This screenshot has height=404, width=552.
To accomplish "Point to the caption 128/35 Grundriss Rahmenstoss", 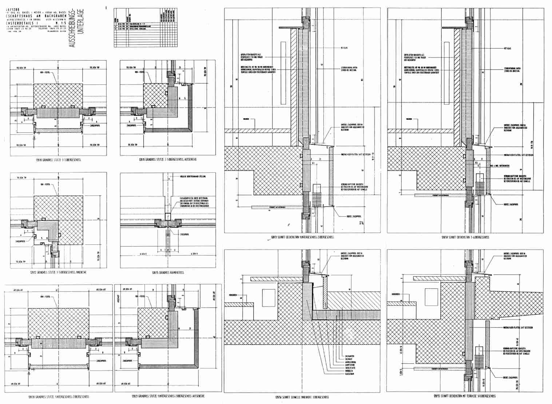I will pyautogui.click(x=168, y=273).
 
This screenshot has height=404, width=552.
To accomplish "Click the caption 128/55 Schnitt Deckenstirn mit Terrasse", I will pyautogui.click(x=465, y=396).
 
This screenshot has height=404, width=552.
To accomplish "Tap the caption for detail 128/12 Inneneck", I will pyautogui.click(x=59, y=272).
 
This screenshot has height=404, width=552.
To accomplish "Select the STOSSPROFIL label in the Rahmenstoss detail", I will pyautogui.click(x=185, y=235).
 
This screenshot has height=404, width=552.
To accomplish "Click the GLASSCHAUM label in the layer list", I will pyautogui.click(x=350, y=374).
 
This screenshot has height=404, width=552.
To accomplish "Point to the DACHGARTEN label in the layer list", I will pyautogui.click(x=350, y=356).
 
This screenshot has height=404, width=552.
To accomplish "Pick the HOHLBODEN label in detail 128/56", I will pyautogui.click(x=234, y=295).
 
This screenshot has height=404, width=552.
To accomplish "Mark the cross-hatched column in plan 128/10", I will pyautogui.click(x=58, y=96).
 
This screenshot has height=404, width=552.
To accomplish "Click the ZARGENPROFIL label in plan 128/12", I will pyautogui.click(x=20, y=241).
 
